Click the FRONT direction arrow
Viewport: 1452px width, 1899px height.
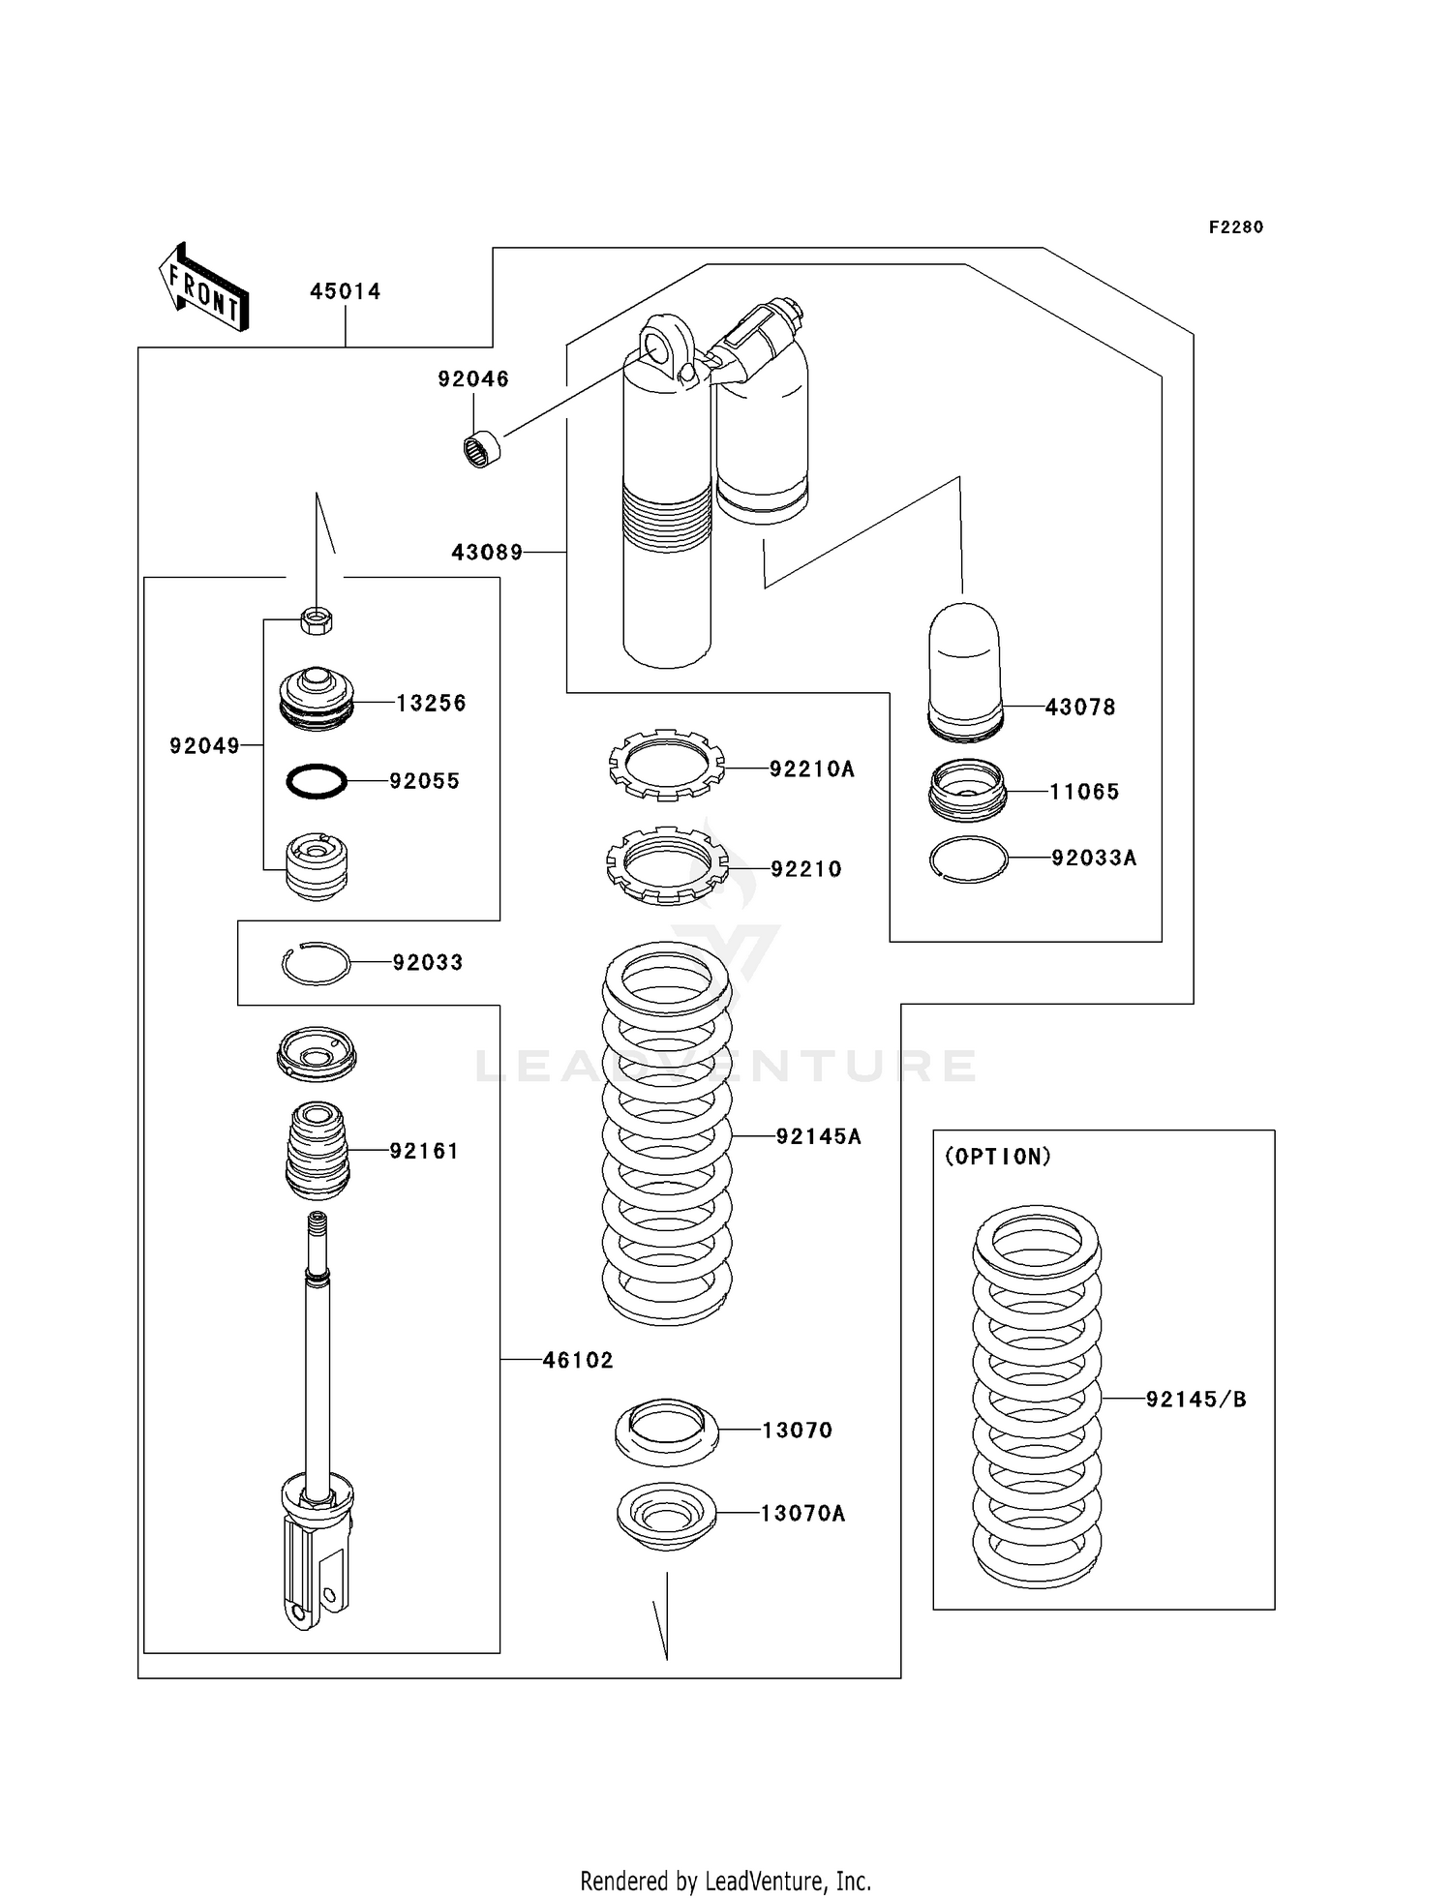204,286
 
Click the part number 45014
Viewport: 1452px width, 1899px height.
345,291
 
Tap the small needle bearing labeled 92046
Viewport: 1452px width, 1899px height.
479,450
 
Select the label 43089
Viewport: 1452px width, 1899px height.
487,553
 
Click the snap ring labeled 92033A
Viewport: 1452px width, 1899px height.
968,859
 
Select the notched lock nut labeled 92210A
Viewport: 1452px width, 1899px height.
666,765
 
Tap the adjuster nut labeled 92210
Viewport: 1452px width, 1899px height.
666,865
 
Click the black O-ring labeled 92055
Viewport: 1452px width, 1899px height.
317,781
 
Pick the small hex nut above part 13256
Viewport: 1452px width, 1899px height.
317,619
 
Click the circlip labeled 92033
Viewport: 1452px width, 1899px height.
316,963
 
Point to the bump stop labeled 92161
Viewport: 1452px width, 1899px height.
317,1150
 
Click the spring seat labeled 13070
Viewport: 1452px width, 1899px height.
666,1431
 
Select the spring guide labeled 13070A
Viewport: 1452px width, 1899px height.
666,1514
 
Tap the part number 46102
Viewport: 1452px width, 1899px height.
578,1360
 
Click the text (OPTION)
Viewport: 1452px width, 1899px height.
997,1157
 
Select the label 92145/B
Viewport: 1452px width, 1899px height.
1195,1399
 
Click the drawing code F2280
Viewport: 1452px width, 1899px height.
1235,227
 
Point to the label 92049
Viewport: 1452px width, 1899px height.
204,745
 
